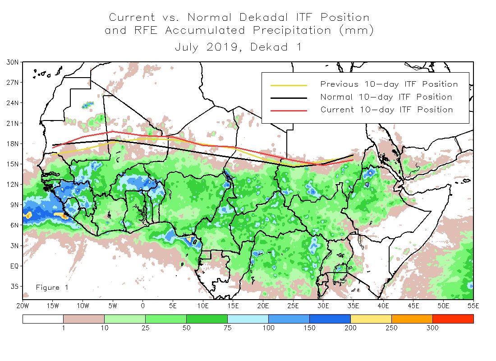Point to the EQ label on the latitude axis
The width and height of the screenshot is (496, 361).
pyautogui.click(x=14, y=266)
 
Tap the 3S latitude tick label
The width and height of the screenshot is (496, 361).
pyautogui.click(x=14, y=286)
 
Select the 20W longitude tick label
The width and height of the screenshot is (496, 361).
pyautogui.click(x=23, y=305)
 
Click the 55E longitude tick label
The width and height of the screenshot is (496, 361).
pyautogui.click(x=473, y=305)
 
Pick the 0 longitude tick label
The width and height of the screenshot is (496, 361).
pyautogui.click(x=143, y=305)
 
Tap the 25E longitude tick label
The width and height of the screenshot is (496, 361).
pyautogui.click(x=293, y=305)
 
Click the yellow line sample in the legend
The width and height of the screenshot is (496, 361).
pyautogui.click(x=288, y=84)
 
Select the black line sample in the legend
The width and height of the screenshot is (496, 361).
pyautogui.click(x=288, y=97)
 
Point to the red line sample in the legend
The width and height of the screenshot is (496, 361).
pyautogui.click(x=288, y=110)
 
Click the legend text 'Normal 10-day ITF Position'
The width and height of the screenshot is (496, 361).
pyautogui.click(x=386, y=97)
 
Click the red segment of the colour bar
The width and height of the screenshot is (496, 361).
pyautogui.click(x=453, y=319)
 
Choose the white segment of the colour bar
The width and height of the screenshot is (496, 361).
pyautogui.click(x=43, y=319)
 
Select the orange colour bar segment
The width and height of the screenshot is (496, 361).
pyautogui.click(x=412, y=319)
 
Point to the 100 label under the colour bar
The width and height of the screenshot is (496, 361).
pyautogui.click(x=268, y=328)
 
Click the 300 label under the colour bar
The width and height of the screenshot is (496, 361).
pyautogui.click(x=432, y=328)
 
